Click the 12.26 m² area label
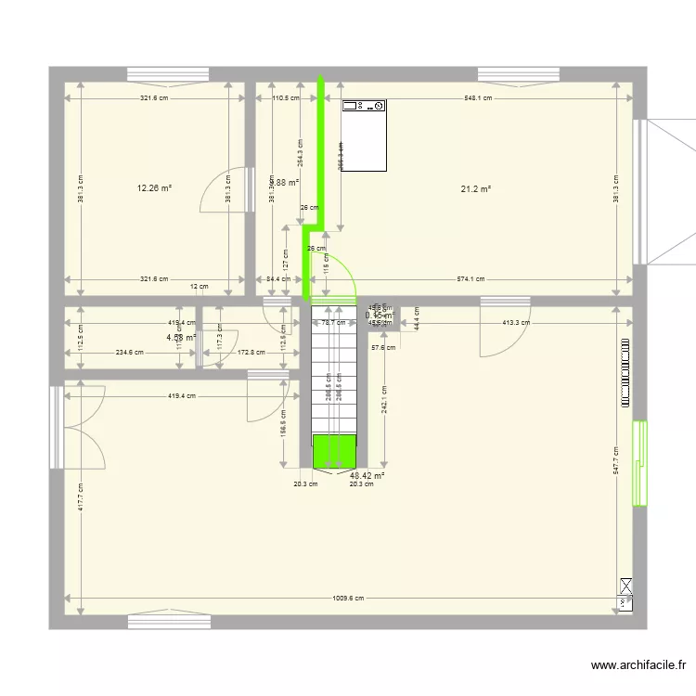(x=155, y=187)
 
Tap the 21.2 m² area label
(x=475, y=188)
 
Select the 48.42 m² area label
(x=367, y=475)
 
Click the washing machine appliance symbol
(x=365, y=135)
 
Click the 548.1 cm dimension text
(x=477, y=97)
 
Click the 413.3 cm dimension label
(x=516, y=323)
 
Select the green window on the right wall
(x=639, y=462)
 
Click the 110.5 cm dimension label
(x=285, y=97)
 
